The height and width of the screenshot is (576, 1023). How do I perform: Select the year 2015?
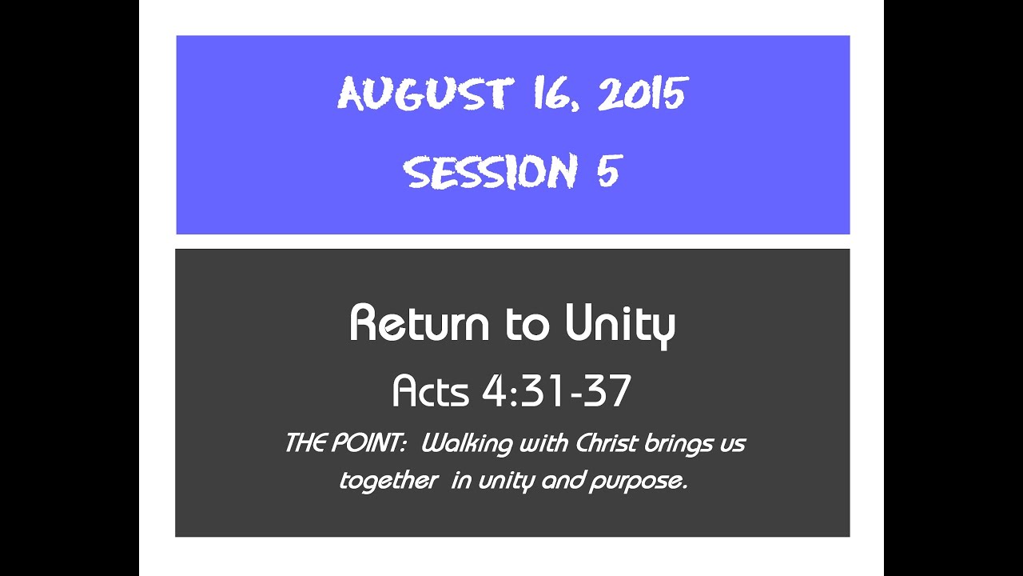642,95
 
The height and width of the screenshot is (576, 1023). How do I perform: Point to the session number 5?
607,172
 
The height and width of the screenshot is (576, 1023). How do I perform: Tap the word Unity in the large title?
620,325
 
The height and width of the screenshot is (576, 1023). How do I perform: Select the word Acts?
432,391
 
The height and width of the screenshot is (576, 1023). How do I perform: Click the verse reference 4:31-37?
557,391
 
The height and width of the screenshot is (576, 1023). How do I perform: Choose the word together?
388,482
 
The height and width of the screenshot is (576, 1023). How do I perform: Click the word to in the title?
527,323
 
